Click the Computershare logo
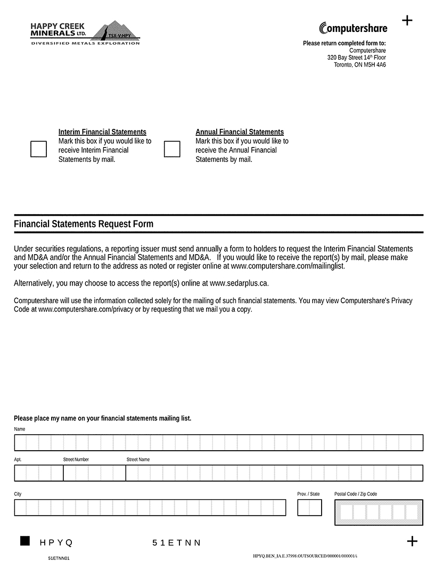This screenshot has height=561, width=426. (353, 28)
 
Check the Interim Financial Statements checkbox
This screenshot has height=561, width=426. (39, 149)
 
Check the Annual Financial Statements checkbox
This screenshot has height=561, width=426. (172, 149)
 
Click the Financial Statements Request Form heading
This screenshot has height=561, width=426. (84, 224)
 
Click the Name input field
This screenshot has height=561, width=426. (218, 443)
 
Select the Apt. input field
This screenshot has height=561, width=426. (39, 473)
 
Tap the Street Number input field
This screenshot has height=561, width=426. (94, 473)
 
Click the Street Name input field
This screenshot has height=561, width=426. (274, 473)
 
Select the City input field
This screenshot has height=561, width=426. (150, 508)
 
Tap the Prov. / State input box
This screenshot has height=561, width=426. (309, 508)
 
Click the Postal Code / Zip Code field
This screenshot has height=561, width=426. (379, 512)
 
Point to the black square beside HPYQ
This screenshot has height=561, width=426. (25, 541)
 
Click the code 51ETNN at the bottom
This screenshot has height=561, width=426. (177, 543)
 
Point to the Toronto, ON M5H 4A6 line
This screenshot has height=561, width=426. (359, 65)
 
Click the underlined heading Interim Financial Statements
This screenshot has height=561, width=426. (102, 132)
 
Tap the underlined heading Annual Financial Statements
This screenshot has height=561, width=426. (240, 132)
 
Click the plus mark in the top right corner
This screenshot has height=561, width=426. (407, 21)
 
